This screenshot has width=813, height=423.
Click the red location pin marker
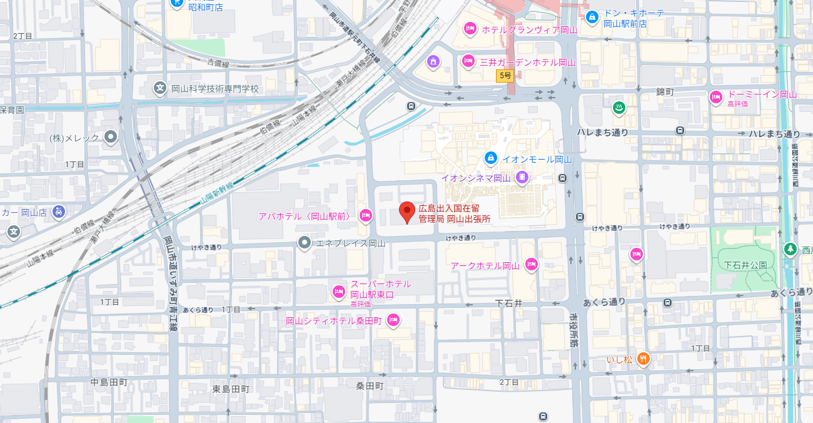[x=407, y=212]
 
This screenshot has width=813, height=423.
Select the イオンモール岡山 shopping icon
[x=491, y=158]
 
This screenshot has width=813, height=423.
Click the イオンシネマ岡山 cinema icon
[x=522, y=178]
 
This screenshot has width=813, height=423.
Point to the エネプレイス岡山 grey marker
[x=305, y=242]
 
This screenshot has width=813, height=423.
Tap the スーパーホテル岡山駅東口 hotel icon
[x=339, y=291]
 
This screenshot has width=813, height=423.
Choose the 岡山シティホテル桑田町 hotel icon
[x=393, y=320]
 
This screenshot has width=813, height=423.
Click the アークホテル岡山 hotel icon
[x=532, y=265]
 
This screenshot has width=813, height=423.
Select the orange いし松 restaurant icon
[x=643, y=359]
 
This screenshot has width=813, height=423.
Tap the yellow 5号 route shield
[x=505, y=76]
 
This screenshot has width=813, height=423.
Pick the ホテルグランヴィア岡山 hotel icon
[x=470, y=28]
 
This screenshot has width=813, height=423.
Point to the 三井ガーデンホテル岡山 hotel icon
[x=468, y=61]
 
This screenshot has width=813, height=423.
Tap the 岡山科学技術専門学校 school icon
[x=161, y=89]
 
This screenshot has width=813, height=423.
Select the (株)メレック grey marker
[x=111, y=137]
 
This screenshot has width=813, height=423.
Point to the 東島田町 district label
[x=231, y=389]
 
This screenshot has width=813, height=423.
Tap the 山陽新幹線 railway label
[x=217, y=193]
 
